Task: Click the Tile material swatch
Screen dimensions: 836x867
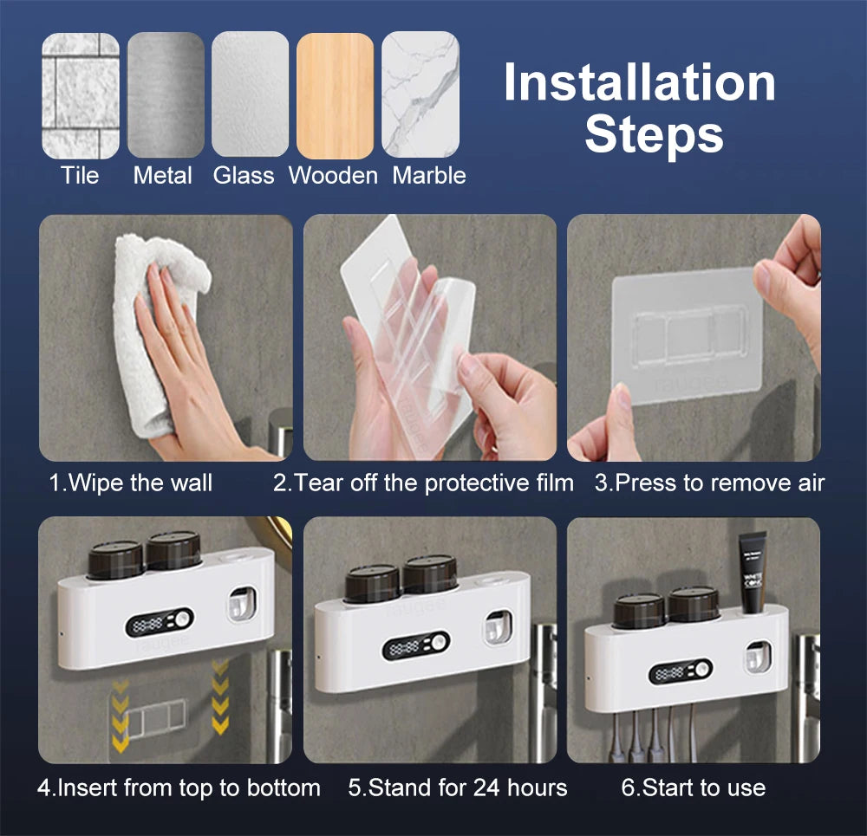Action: point(81,94)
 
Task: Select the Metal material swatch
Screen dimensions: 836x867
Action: point(166,94)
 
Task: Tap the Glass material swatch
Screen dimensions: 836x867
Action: point(250,94)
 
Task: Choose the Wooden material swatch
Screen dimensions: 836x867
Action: point(335,94)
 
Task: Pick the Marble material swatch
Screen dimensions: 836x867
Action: point(420,94)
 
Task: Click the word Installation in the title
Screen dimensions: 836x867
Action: point(639,83)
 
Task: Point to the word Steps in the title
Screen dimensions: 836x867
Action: point(654,135)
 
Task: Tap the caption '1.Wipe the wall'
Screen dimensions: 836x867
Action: point(130,483)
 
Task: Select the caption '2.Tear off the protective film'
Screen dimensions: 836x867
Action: point(423,483)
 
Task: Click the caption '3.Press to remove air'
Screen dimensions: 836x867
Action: point(708,483)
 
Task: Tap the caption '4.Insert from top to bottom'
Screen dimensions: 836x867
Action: point(179,787)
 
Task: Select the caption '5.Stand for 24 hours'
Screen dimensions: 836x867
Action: point(458,787)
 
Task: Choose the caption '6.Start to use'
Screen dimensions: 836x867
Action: point(693,787)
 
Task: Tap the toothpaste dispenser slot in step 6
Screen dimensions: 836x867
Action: point(758,657)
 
